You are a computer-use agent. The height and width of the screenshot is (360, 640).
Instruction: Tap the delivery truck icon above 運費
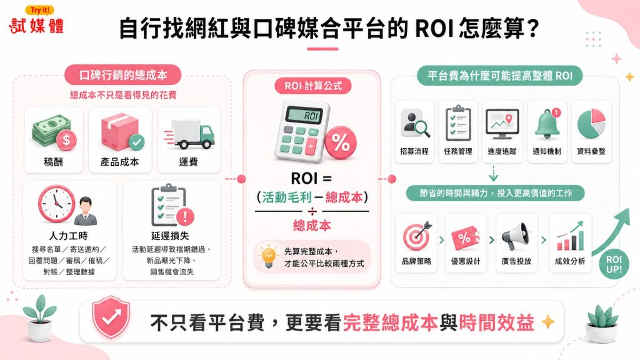click(x=190, y=134)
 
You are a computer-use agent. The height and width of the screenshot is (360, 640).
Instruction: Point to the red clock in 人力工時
click(x=56, y=204)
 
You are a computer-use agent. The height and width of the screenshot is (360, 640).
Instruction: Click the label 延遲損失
click(x=170, y=236)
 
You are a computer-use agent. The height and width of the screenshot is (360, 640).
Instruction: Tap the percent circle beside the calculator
click(x=341, y=142)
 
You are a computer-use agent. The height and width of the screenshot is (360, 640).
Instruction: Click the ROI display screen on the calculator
click(x=306, y=116)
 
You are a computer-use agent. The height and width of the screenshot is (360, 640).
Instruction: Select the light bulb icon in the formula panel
click(x=268, y=257)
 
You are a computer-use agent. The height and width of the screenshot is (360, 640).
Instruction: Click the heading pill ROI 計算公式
click(x=313, y=86)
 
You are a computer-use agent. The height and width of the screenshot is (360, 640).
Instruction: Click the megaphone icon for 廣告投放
click(x=516, y=236)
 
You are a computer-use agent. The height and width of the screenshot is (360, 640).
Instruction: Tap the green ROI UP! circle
click(x=614, y=264)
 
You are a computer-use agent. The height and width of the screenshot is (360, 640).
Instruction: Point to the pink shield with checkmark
click(x=111, y=316)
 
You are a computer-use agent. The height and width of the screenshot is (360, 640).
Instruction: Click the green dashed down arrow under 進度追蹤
click(x=494, y=174)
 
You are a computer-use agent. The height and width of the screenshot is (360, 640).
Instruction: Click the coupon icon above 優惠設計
click(x=466, y=237)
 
